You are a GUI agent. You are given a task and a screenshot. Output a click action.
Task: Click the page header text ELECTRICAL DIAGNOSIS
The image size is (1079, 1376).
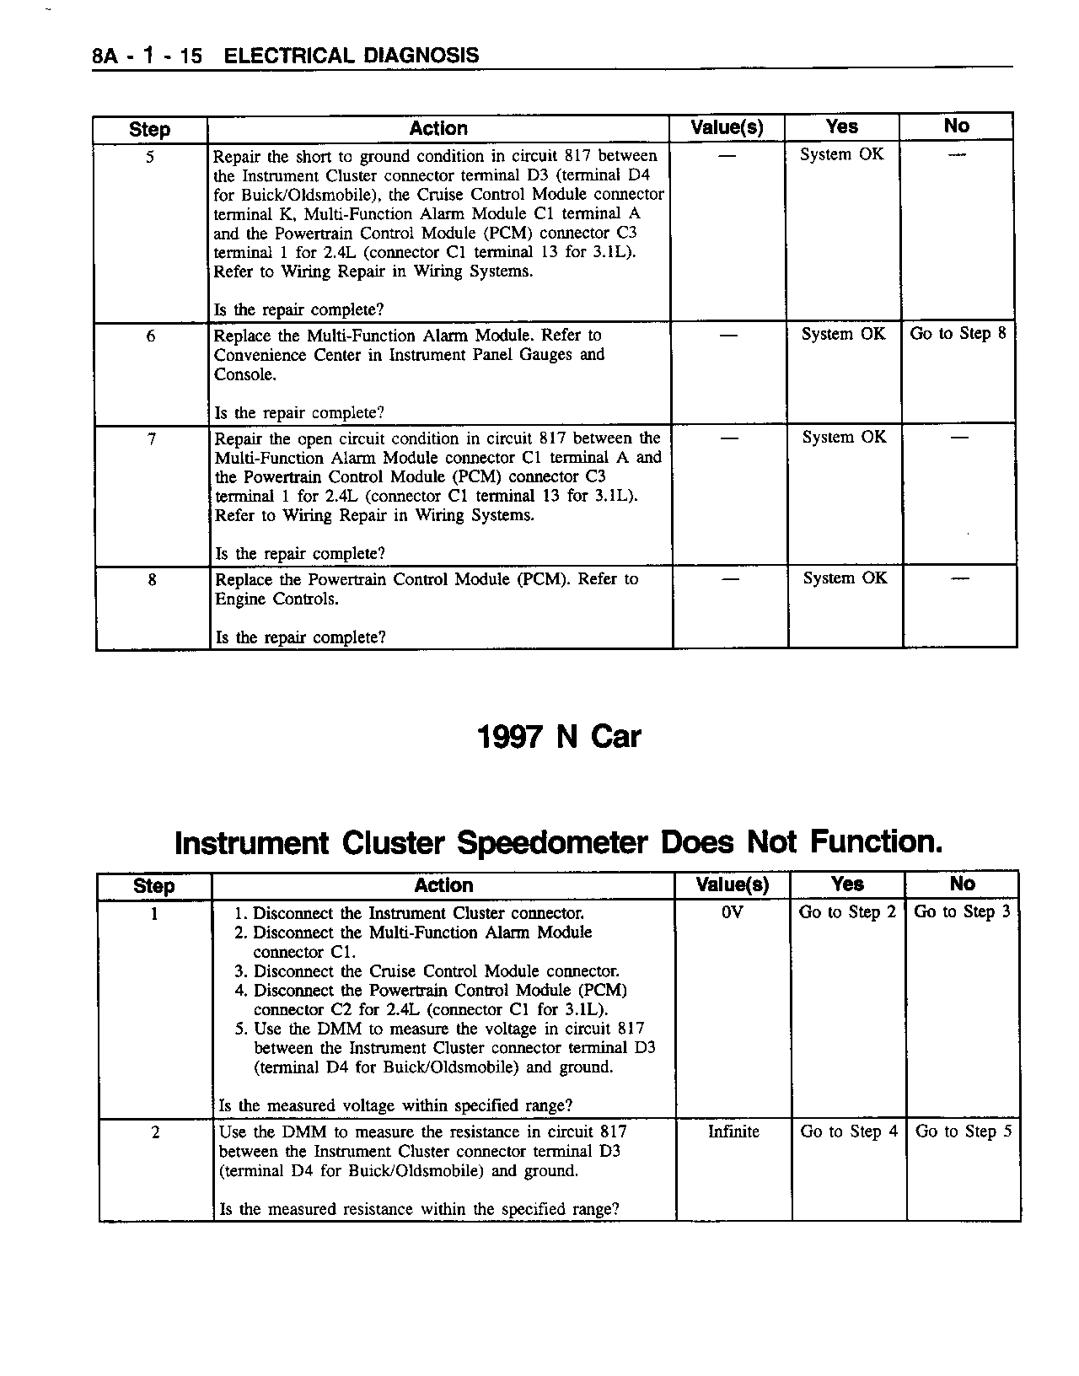352,56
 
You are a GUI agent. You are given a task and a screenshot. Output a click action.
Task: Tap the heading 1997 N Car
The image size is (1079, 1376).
559,737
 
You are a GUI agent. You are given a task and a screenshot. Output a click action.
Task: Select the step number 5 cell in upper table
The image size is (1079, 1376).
149,157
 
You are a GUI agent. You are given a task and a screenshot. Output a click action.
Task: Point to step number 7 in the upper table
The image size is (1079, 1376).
152,439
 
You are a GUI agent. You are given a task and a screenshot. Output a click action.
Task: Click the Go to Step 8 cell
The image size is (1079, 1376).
958,334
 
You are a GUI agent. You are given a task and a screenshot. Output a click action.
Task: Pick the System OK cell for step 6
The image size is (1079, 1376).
843,335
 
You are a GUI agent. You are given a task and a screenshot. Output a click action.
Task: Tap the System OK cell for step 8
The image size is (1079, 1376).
845,578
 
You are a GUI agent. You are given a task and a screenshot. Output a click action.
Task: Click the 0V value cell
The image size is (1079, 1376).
733,912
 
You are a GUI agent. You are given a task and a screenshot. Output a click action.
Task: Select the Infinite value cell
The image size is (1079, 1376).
733,1131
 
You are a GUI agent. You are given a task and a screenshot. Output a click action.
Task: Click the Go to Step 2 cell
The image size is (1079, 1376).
847,912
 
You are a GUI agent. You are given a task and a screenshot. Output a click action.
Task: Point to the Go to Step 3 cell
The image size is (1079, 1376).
962,912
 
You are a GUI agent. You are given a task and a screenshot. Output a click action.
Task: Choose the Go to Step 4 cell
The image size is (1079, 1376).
849,1131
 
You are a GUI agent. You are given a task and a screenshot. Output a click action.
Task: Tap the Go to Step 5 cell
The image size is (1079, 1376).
964,1131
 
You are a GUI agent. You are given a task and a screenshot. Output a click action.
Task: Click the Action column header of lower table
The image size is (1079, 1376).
443,885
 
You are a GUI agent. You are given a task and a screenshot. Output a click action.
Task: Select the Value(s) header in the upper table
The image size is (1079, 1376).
727,128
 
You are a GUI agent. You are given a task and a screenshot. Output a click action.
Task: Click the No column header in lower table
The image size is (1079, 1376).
962,884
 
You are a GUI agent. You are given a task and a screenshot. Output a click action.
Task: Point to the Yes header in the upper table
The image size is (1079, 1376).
841,127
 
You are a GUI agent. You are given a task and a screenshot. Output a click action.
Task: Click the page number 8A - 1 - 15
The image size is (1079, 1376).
147,56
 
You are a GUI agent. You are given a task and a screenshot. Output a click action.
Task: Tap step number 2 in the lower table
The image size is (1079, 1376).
156,1132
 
